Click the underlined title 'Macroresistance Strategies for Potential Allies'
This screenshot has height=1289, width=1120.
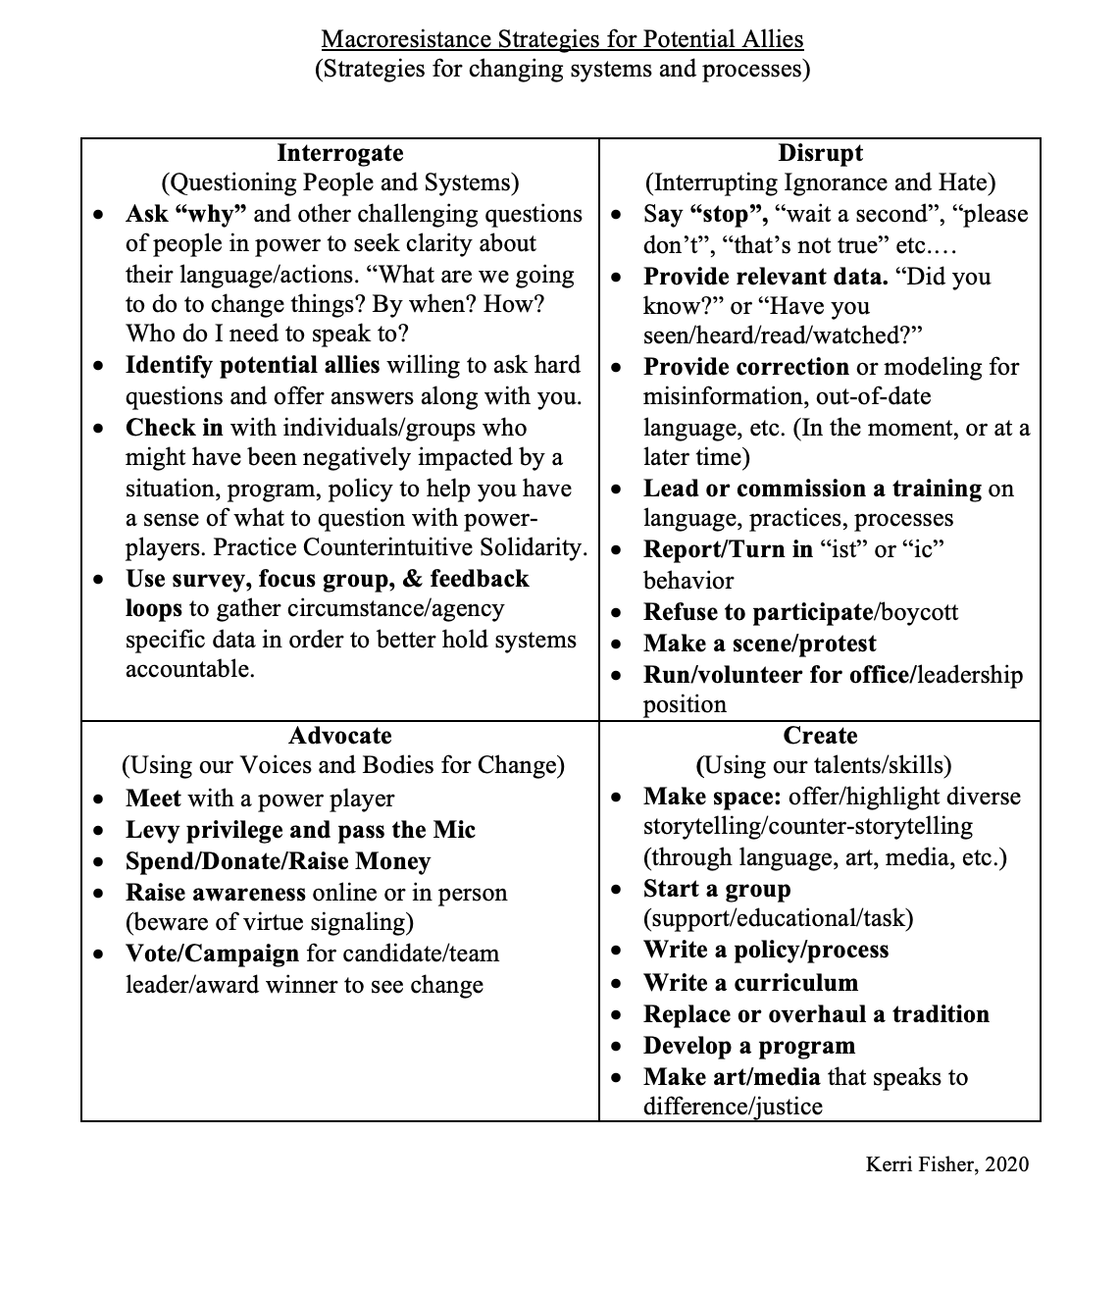point(562,39)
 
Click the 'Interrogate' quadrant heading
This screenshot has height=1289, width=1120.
point(339,153)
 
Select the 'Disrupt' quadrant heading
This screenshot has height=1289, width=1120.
point(820,153)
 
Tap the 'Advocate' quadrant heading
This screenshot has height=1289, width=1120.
point(339,736)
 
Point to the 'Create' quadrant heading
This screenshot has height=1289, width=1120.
point(820,736)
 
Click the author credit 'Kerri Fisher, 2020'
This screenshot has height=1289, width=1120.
point(946,1164)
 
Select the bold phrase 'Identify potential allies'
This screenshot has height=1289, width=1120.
point(252,366)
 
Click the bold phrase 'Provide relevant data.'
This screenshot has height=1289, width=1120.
point(765,277)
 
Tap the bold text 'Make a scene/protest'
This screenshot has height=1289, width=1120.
point(759,644)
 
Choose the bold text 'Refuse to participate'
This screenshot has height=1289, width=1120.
point(757,612)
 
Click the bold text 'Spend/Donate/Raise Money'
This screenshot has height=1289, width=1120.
point(278,861)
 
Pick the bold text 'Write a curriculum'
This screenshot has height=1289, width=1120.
point(750,983)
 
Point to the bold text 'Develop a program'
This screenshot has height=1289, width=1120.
point(749,1046)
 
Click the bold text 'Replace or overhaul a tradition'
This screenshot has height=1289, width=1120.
point(816,1014)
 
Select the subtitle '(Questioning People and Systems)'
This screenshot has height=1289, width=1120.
point(339,182)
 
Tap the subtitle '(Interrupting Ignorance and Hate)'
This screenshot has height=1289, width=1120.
point(820,182)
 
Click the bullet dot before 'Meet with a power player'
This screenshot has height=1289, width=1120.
point(98,799)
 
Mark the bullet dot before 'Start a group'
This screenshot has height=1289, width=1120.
point(616,890)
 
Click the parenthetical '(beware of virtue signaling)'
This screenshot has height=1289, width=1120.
point(270,922)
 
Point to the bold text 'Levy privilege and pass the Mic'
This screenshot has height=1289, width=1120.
point(300,830)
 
